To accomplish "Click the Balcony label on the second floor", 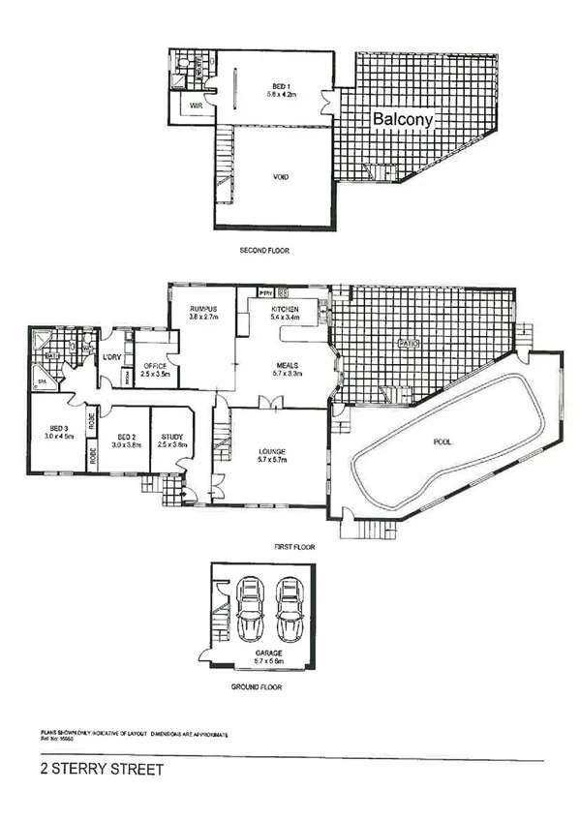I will coord(406,117).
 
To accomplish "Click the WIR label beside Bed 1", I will coord(196,106).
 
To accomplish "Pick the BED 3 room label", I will coord(60,428).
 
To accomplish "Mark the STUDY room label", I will coord(171,437).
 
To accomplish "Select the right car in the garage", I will coord(290,610).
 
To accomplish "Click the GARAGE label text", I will coord(270,653).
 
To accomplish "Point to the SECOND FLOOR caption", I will coord(264,251).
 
